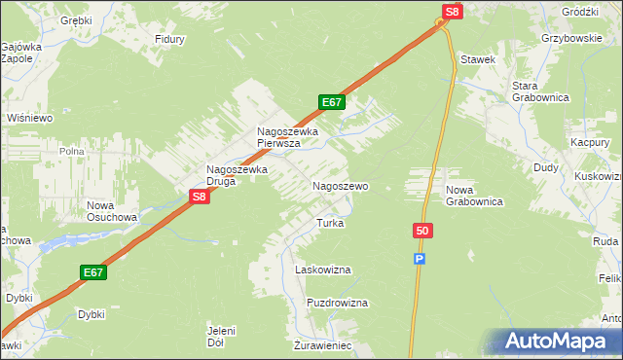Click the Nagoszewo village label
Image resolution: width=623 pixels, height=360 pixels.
(339, 185)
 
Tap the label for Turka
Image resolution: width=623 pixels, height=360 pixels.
(329, 223)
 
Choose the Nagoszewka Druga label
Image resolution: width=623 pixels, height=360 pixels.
(237, 175)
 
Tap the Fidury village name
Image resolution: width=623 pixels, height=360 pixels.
(170, 40)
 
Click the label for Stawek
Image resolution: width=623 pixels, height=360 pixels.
(479, 59)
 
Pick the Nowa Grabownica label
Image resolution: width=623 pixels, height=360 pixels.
(473, 196)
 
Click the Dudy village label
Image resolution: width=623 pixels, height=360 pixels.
(545, 167)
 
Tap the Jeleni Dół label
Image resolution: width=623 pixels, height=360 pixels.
(222, 337)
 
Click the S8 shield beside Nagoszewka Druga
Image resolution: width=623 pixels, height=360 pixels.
(199, 197)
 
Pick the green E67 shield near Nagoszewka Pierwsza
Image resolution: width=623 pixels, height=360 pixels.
(332, 102)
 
